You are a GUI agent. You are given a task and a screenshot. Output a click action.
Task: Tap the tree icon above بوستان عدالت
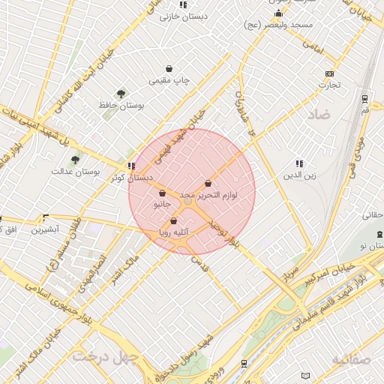pos(75,160)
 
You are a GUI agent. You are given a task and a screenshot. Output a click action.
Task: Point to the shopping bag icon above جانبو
pos(163,193)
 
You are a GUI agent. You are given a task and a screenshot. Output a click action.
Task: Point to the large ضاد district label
pos(318,115)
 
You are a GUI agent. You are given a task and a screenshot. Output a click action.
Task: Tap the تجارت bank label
pos(329,85)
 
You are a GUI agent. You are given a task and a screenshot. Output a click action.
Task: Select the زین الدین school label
pos(299,175)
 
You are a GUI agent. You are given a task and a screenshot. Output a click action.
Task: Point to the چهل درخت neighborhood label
pos(106,355)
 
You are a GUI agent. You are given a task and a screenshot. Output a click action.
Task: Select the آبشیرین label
pos(45,229)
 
